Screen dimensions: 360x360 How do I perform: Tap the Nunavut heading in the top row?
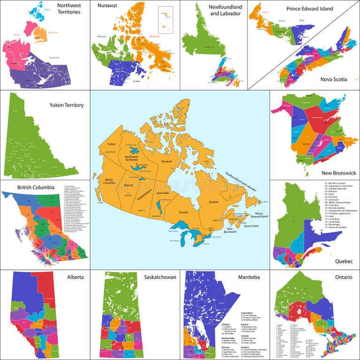(107, 6)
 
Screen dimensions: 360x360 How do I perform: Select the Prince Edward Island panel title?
(309, 8)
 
